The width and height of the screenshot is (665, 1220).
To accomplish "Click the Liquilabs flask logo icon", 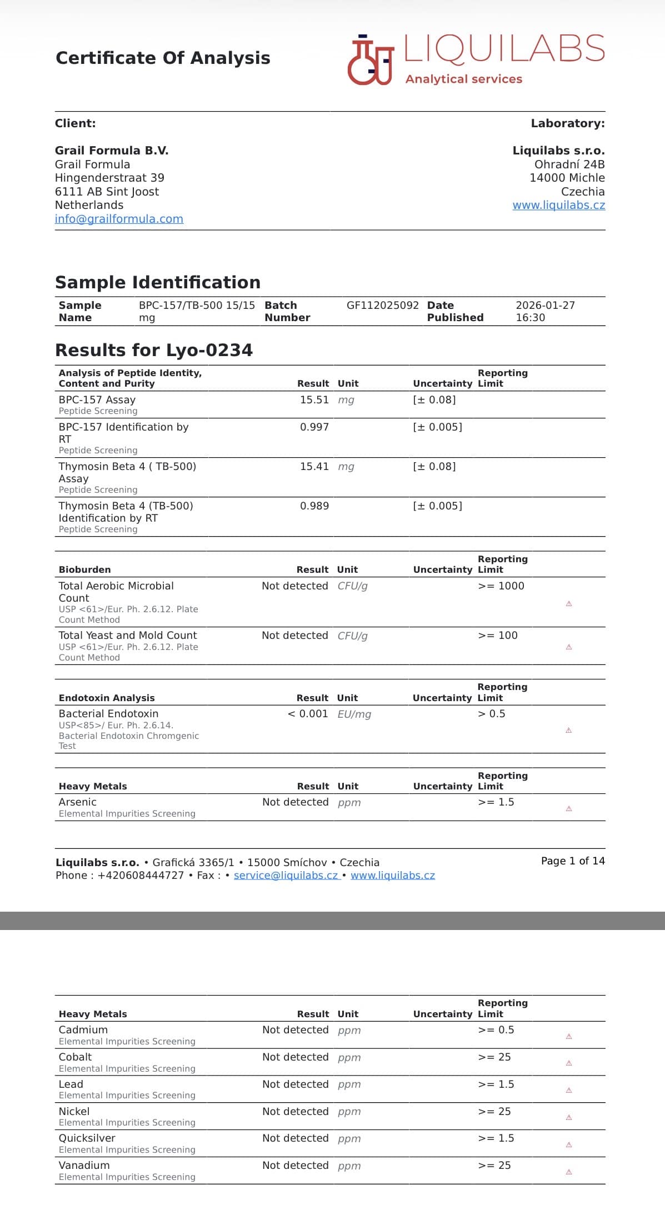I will pos(370,60).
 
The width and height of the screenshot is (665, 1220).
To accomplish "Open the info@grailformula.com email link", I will pos(119,219).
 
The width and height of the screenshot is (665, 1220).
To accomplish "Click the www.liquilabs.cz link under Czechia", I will pos(558,205).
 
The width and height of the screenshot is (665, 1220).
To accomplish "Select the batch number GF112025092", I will pos(382,305).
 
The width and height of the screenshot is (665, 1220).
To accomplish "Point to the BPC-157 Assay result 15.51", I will pos(314,400).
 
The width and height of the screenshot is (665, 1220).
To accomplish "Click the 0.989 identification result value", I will pos(314,506).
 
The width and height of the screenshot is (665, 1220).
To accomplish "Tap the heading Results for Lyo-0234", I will pos(154,350).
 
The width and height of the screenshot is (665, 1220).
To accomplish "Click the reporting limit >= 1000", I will pos(501,586).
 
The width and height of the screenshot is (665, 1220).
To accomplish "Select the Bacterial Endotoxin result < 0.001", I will pos(308,714).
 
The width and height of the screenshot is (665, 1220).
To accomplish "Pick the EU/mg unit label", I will pos(354,714).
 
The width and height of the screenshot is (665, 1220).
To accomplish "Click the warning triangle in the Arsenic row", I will pos(568,809).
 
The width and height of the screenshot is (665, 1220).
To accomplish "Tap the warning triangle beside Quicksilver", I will pos(568,1145).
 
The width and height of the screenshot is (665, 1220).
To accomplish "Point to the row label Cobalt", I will pos(75,1057).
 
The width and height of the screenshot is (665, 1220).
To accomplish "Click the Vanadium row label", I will pos(84,1166).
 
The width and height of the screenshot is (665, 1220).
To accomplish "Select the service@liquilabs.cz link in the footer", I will pos(286,876).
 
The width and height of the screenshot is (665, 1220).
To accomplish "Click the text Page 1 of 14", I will pos(572,861).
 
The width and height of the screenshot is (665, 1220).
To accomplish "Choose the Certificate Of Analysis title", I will pos(163,58).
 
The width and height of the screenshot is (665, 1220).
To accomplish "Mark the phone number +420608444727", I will pos(141,876).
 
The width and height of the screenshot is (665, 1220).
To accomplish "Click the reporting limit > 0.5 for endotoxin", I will pos(491,714).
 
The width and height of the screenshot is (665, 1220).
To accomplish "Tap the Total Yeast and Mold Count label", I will pos(128,636).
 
